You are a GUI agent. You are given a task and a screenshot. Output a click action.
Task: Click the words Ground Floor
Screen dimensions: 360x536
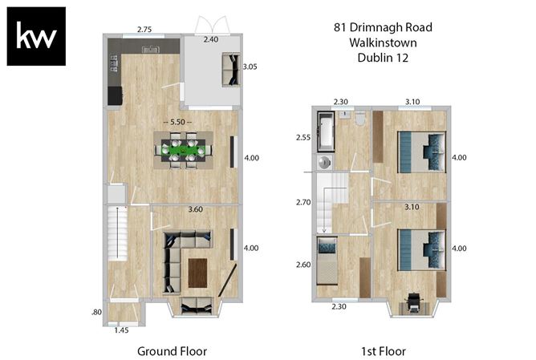(172, 350)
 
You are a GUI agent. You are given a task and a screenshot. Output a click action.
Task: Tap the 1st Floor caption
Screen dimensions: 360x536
(383, 350)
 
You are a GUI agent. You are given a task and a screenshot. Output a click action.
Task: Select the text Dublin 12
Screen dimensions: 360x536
(383, 57)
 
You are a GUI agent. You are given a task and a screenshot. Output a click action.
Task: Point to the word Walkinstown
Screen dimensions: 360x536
(383, 42)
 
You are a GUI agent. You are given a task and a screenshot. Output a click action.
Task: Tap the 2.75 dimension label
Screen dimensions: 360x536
(144, 30)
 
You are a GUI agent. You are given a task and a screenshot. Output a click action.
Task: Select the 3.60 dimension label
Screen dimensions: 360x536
(195, 209)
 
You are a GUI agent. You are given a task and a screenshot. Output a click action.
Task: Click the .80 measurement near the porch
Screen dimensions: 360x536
(96, 311)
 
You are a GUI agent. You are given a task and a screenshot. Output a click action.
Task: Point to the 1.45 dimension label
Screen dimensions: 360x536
(121, 330)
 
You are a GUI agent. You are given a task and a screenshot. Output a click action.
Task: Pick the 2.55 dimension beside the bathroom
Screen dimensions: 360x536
(303, 137)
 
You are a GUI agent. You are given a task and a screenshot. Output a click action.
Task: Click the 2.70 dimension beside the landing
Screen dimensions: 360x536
(303, 202)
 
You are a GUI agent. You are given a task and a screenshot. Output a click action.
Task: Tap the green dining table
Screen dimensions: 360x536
(184, 149)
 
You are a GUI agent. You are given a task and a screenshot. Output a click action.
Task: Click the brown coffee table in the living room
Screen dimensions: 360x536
(197, 272)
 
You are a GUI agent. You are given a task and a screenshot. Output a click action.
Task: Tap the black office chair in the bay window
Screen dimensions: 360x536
(414, 301)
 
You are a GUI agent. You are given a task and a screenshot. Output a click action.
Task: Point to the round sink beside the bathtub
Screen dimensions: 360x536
(323, 162)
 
